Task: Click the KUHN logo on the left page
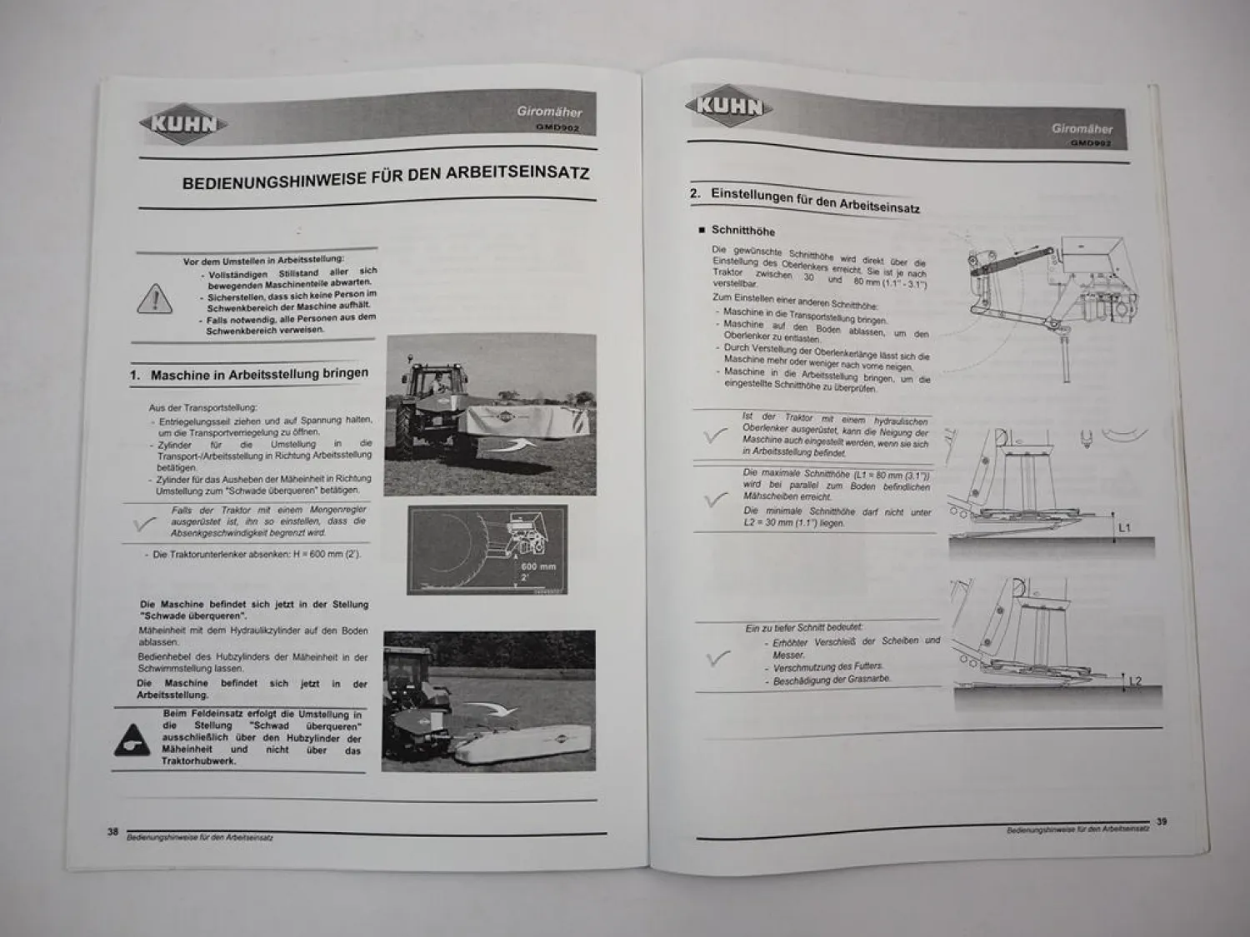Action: [x=183, y=125]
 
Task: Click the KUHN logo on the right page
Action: [x=729, y=106]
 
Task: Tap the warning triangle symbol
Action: [x=155, y=299]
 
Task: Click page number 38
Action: [x=112, y=831]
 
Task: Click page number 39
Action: [x=1162, y=821]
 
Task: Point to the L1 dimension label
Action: [x=1124, y=528]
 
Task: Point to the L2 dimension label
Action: [x=1135, y=681]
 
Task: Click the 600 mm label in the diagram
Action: [x=538, y=566]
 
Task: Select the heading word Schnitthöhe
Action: [x=742, y=231]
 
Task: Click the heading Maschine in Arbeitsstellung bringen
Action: [x=259, y=374]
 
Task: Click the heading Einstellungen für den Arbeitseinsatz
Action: [x=814, y=200]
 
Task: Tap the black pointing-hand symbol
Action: [x=132, y=739]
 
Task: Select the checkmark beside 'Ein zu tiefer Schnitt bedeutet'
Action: [x=717, y=658]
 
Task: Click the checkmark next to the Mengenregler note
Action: [x=145, y=523]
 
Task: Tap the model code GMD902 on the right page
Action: [x=1091, y=142]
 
